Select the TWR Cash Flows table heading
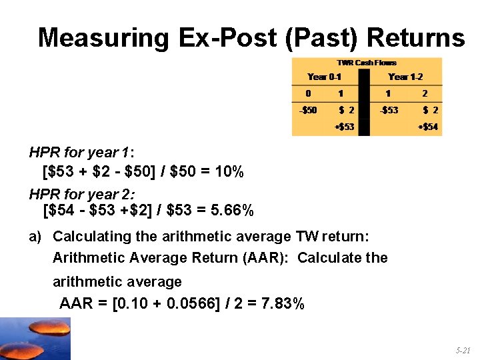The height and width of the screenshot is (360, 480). pyautogui.click(x=367, y=63)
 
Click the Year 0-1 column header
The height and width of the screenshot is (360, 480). pyautogui.click(x=324, y=77)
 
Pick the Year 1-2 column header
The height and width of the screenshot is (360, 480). pyautogui.click(x=405, y=77)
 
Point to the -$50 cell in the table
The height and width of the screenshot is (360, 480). pyautogui.click(x=307, y=110)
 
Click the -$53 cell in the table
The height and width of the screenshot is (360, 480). pyautogui.click(x=389, y=110)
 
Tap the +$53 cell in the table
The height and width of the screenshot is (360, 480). pyautogui.click(x=343, y=126)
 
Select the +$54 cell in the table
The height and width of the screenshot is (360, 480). pyautogui.click(x=427, y=126)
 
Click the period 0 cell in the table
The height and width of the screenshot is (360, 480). pyautogui.click(x=308, y=93)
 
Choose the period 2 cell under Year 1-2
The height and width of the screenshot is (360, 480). pyautogui.click(x=425, y=93)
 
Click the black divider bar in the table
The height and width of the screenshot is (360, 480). pyautogui.click(x=363, y=100)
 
